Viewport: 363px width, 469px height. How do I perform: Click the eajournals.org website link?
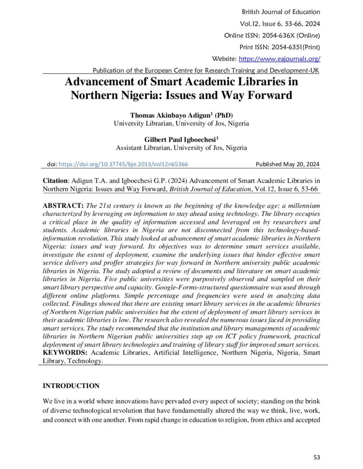(279, 59)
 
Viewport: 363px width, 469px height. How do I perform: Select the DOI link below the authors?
(124, 164)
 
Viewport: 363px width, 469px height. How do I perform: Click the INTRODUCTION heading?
(71, 386)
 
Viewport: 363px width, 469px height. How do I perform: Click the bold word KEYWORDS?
(66, 352)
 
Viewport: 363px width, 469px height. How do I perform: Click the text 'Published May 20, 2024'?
(287, 164)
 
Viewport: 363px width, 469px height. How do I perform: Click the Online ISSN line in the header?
(272, 35)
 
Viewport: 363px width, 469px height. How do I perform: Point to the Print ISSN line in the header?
(279, 47)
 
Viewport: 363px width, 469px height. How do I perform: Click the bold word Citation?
(55, 180)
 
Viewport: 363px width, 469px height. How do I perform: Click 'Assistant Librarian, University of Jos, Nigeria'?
(181, 147)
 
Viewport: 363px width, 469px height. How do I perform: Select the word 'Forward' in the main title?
(266, 96)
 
